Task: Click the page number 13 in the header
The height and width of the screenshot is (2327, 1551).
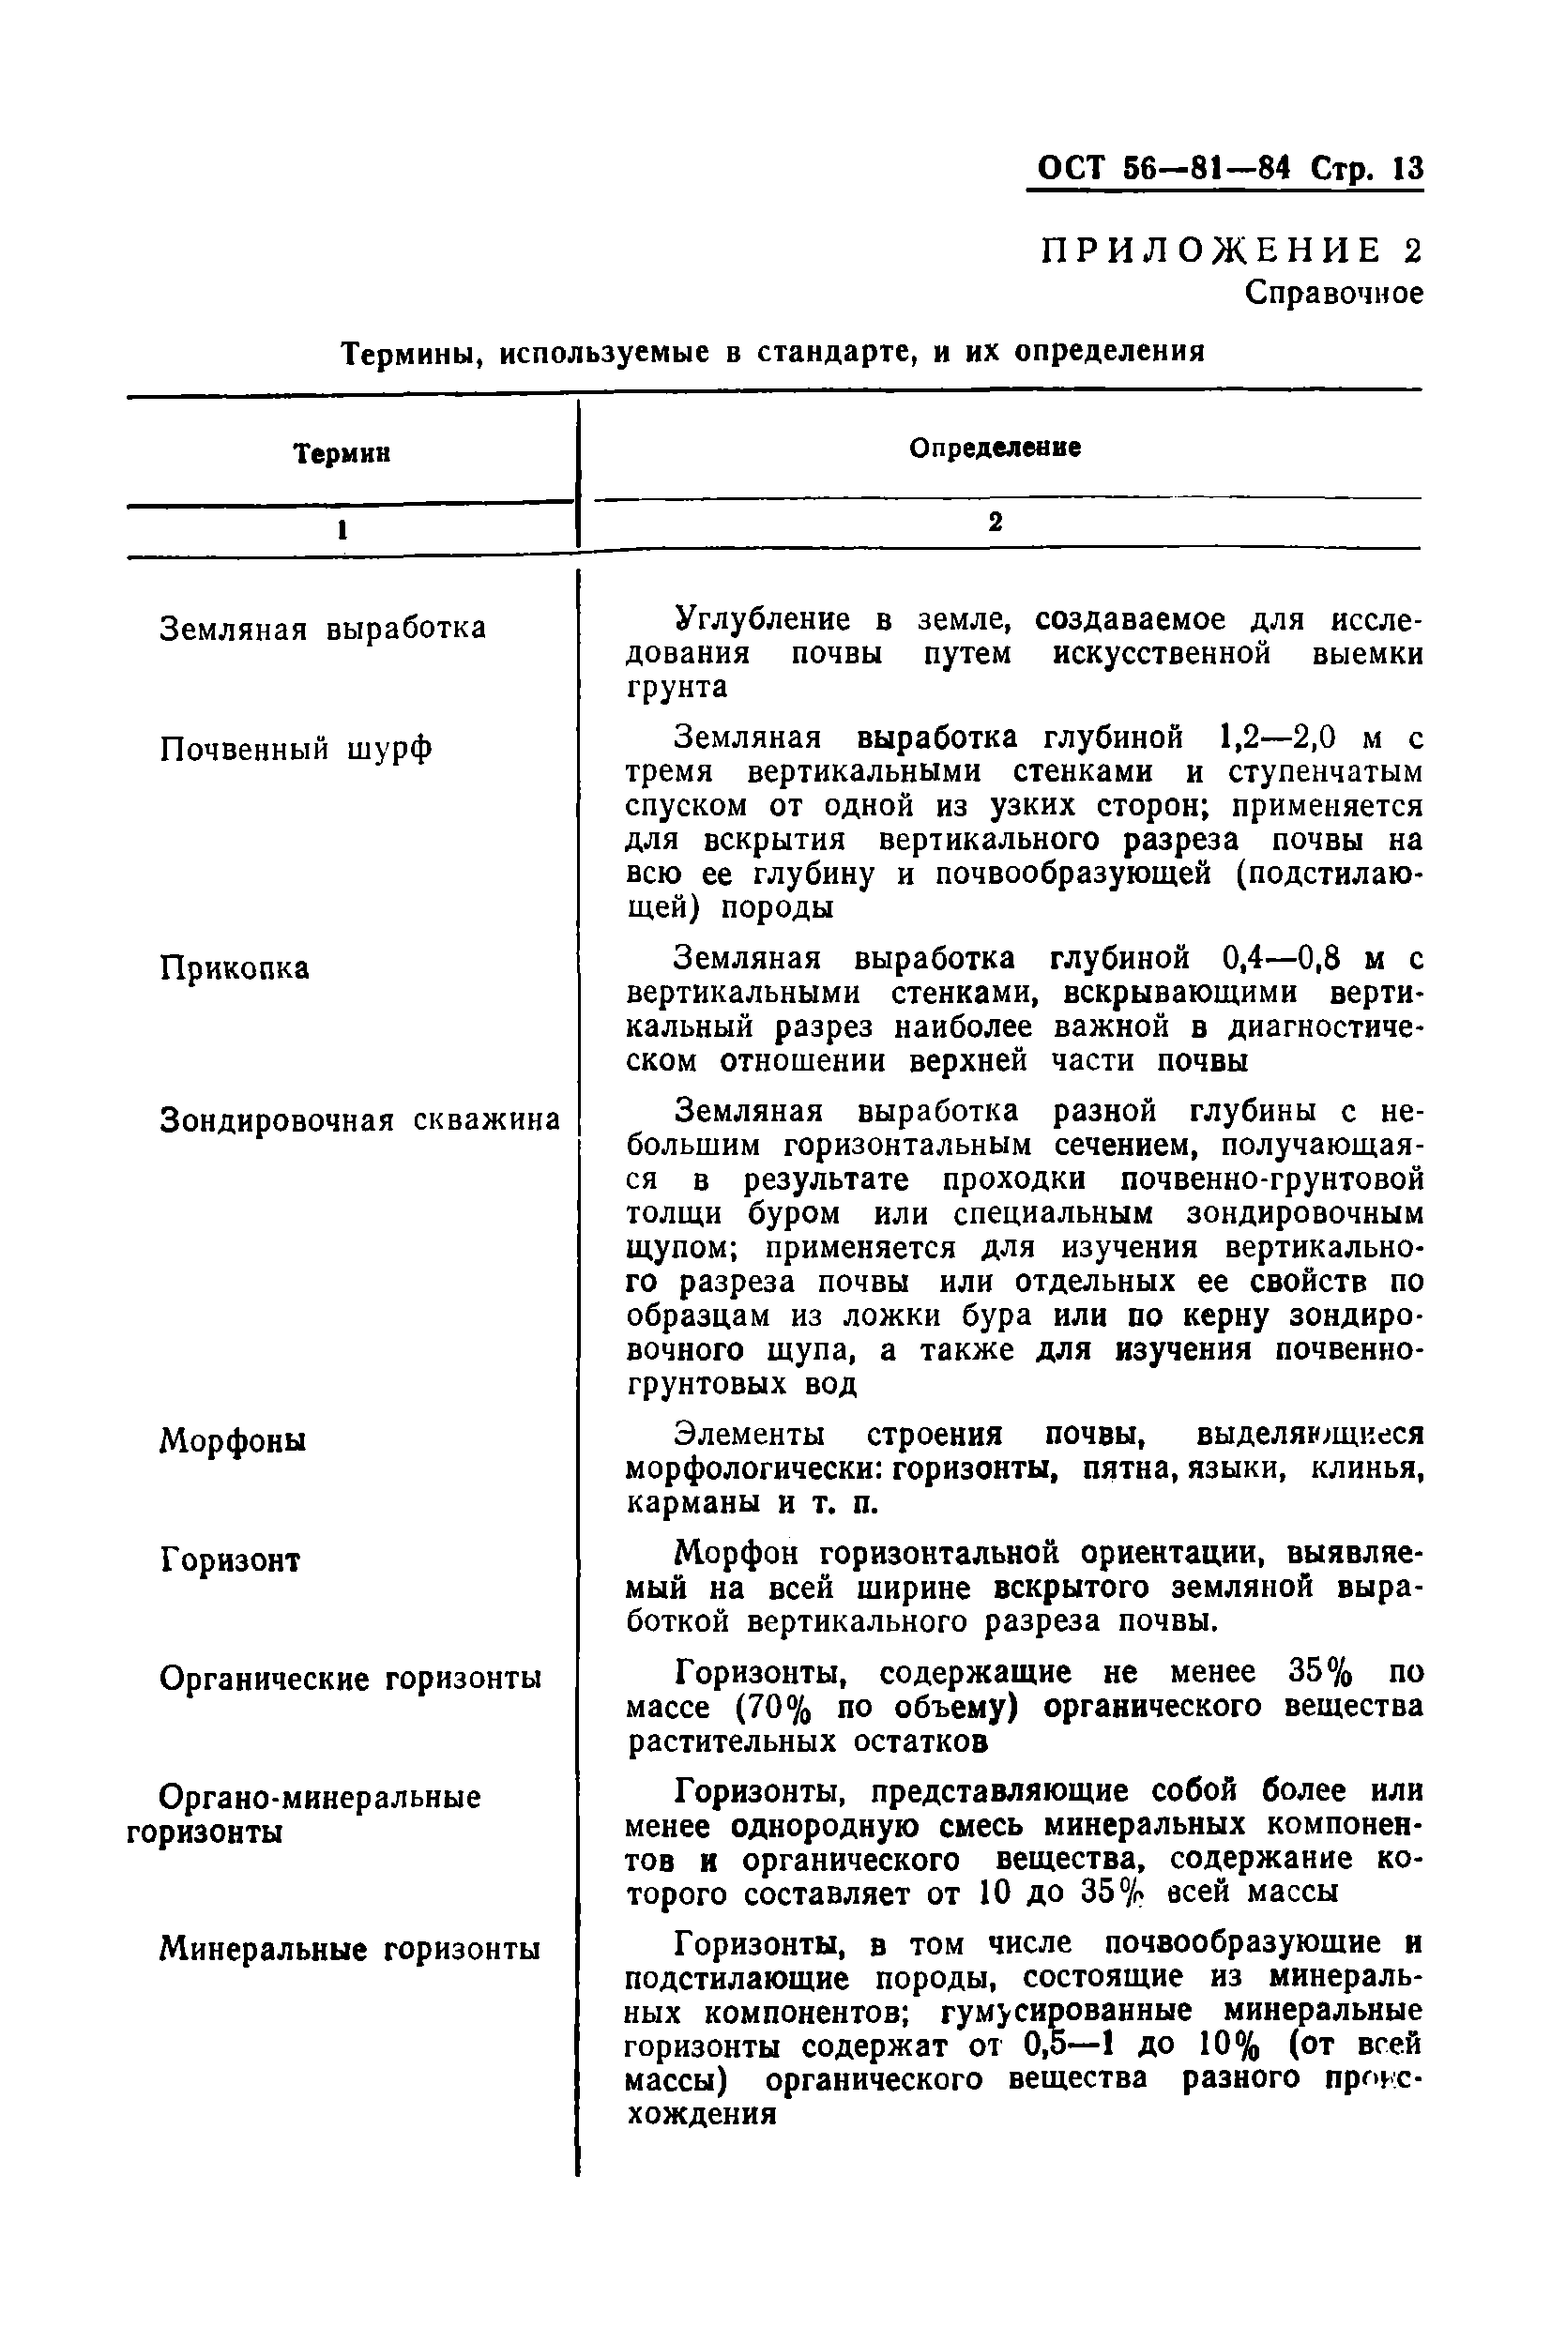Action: point(1407,169)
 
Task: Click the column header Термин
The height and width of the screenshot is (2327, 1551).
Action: point(342,454)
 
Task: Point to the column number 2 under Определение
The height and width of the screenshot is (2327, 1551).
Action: point(996,522)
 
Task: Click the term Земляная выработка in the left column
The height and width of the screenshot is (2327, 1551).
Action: point(323,629)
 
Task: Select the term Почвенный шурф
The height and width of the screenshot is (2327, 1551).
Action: point(296,750)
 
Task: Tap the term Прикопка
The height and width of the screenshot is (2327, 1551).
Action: point(235,968)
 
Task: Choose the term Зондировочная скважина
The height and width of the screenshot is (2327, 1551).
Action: point(359,1120)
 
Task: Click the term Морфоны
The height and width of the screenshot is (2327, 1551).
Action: point(233,1441)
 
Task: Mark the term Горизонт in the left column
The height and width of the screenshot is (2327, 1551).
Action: point(230,1560)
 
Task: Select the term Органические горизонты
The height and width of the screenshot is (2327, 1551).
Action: point(350,1680)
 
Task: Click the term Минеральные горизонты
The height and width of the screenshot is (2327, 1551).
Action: point(349,1949)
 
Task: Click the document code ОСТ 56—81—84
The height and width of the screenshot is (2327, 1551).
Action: point(1163,169)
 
